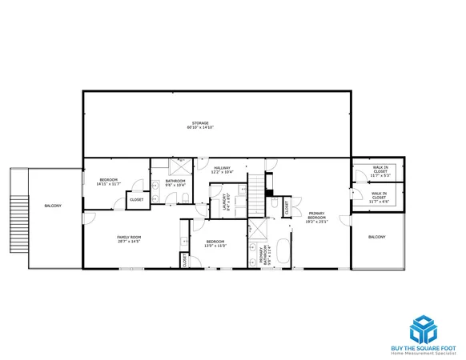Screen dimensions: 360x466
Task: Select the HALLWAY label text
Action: pos(221,170)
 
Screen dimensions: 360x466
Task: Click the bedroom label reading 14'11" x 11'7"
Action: pos(108,182)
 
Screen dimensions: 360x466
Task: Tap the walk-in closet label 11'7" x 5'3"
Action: pos(380,170)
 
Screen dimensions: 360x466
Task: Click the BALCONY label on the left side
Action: pos(53,206)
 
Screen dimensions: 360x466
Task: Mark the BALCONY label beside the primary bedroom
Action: pos(376,238)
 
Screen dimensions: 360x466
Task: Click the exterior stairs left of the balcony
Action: pos(18,219)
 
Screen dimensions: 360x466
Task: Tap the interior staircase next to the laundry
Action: pos(256,192)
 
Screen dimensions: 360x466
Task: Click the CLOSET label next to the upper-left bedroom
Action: pos(137,199)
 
